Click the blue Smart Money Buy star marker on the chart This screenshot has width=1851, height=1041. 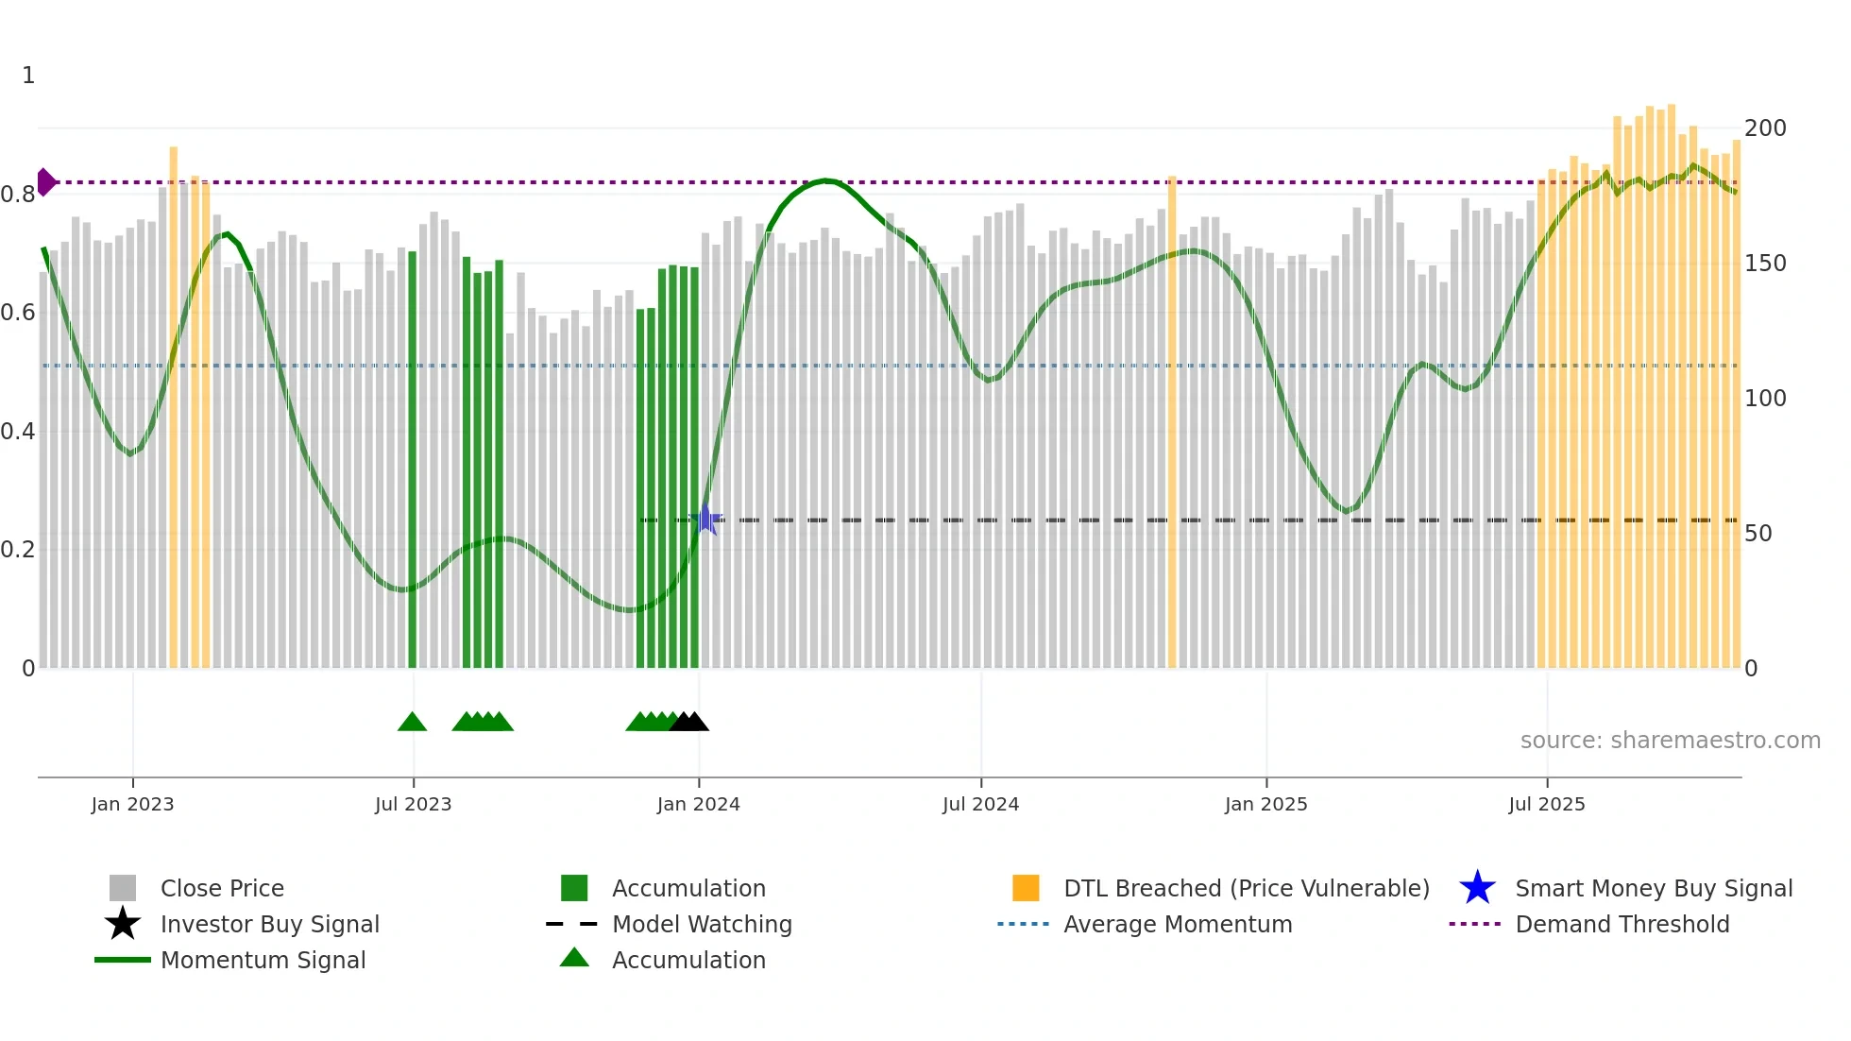[705, 520]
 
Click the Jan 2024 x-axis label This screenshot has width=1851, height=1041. [698, 804]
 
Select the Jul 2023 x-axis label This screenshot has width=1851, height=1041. [413, 804]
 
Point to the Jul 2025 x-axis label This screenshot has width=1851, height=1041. [1546, 804]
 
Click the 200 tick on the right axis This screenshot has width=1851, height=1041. [1765, 128]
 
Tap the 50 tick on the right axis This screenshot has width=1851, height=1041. [1758, 534]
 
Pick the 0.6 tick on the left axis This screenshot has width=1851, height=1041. [18, 313]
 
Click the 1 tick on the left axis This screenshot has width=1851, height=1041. [28, 76]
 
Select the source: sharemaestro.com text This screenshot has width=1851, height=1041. [1670, 741]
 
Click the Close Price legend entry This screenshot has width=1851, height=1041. [221, 888]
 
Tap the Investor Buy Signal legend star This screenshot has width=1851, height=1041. [123, 924]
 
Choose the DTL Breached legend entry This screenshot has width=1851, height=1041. [1246, 888]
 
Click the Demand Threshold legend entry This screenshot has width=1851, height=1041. [1622, 924]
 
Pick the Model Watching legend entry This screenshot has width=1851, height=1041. [701, 924]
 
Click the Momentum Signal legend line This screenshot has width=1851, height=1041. [123, 960]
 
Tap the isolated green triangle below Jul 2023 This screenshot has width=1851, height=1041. [412, 723]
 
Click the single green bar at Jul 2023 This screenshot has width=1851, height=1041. [412, 459]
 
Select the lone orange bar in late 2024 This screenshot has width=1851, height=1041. [1172, 421]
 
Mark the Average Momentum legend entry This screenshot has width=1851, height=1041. [1177, 924]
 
